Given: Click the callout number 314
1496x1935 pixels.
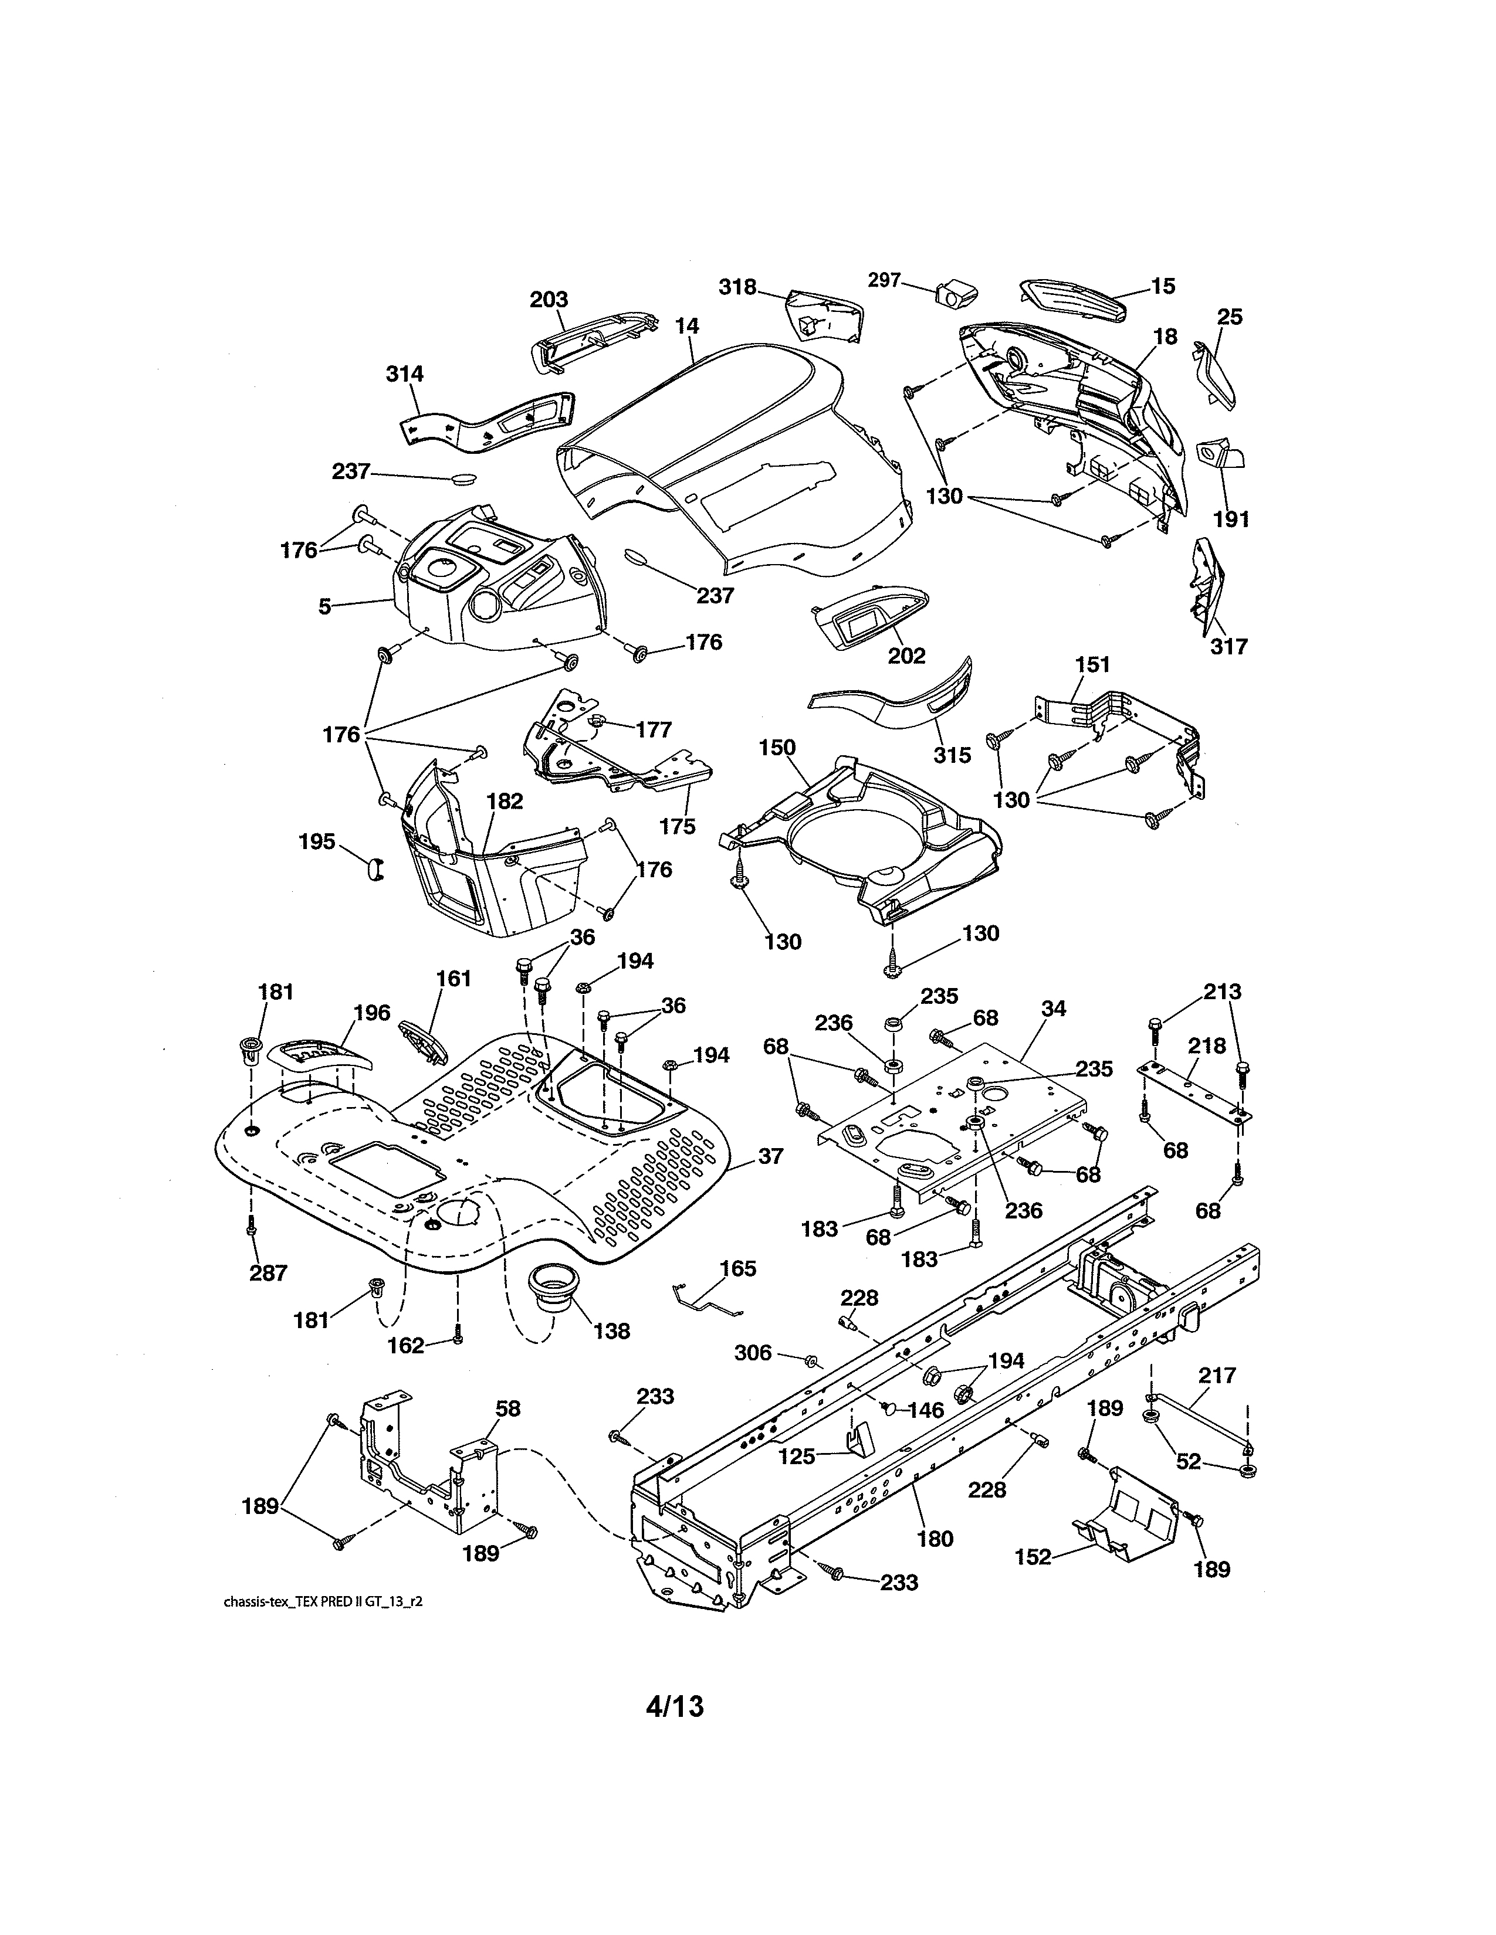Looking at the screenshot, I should tap(404, 374).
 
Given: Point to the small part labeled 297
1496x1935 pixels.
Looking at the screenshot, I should tap(955, 293).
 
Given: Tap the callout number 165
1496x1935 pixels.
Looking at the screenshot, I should tap(737, 1269).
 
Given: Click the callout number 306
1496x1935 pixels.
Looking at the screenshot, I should tap(753, 1352).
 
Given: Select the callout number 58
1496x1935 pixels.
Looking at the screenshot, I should tap(509, 1408).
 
